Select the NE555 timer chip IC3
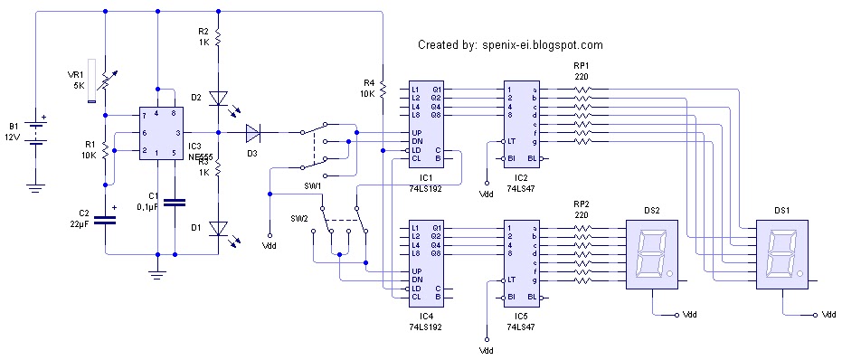159,135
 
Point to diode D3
252,133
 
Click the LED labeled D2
218,98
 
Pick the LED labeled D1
218,228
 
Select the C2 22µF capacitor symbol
106,219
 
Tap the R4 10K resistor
383,88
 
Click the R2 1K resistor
218,37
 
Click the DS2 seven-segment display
651,254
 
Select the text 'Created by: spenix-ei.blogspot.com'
510,44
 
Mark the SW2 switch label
299,219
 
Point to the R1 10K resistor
106,149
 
